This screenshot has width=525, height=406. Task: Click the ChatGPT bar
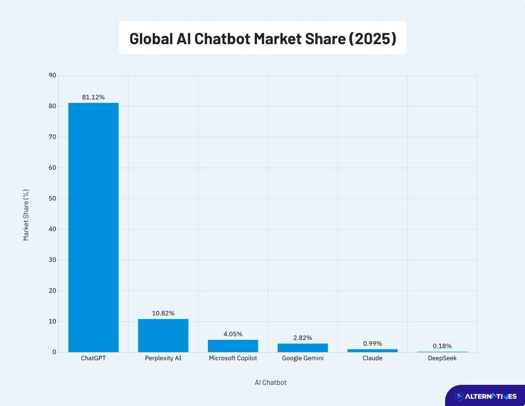93,227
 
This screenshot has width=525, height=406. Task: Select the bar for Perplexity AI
163,335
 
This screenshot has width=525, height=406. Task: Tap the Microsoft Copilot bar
233,346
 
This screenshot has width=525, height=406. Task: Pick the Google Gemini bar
302,348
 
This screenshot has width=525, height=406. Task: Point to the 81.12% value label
93,98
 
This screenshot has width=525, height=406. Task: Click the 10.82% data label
163,313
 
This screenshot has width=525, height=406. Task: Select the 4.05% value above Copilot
233,334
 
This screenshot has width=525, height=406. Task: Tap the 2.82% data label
302,338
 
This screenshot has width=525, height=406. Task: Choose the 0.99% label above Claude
372,343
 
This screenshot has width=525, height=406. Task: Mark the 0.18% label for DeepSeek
442,346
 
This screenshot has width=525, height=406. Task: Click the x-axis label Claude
372,358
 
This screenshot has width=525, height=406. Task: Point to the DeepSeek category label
442,358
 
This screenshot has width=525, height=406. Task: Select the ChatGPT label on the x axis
93,358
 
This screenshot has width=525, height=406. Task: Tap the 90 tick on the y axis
53,75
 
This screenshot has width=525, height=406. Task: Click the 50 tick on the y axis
53,199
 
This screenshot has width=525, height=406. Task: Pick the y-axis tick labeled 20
53,291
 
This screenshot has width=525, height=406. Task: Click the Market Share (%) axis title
26,215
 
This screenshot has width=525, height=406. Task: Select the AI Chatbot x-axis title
270,383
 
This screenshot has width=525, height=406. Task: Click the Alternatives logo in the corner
485,396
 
